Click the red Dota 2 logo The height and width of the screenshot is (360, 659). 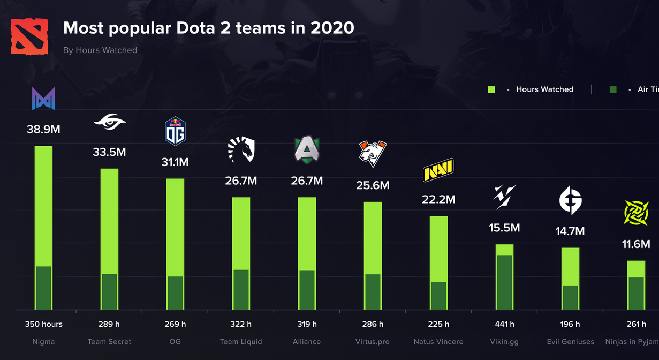29,36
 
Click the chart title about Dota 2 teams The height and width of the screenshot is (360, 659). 209,28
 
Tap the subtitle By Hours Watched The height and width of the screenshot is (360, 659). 100,50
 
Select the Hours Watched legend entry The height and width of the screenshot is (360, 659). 544,89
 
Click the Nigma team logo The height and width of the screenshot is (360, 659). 43,99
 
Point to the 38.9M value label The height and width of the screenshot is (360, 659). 43,129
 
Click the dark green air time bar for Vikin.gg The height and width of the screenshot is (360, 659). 504,282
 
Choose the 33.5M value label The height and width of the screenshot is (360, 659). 109,152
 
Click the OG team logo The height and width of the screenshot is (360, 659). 175,131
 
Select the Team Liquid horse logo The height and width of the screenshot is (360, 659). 241,149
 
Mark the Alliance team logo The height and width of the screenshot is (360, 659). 307,151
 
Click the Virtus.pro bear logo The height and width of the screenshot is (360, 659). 373,153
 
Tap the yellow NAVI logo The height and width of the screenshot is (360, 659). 438,170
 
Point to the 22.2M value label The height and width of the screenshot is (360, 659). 438,199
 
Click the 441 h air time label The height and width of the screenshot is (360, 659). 504,324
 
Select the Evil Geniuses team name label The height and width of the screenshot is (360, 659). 570,342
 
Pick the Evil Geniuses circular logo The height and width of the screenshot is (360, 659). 570,200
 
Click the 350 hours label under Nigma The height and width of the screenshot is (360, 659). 43,324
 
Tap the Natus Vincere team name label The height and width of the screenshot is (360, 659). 438,342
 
